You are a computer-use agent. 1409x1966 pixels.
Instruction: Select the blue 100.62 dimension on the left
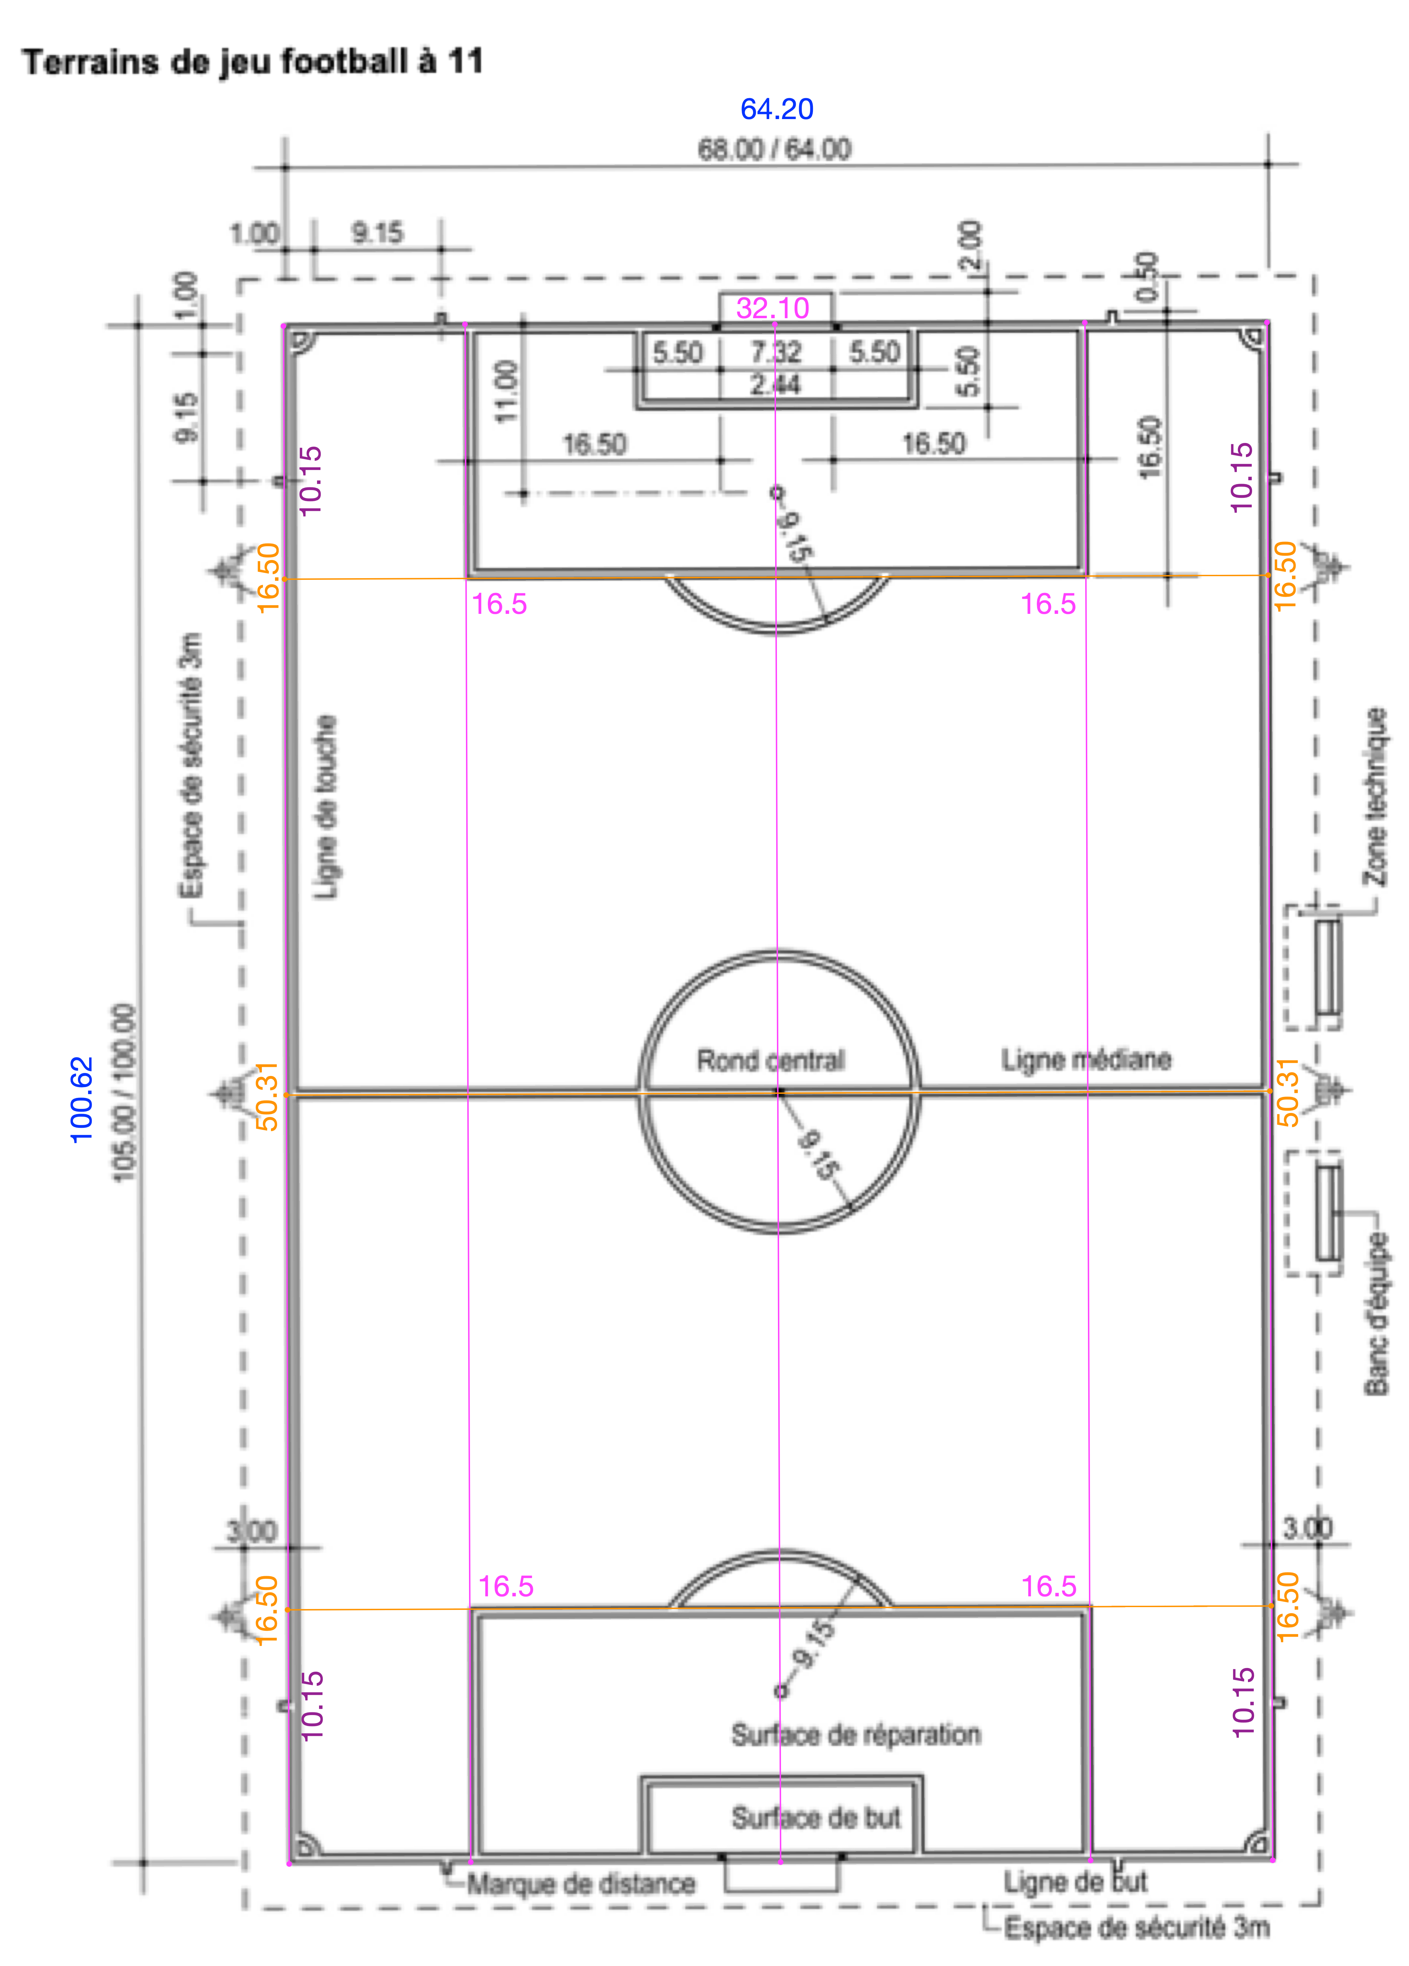coord(81,1099)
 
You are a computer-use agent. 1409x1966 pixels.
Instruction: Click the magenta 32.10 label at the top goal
coord(772,308)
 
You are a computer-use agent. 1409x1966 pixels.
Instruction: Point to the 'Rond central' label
coord(770,1059)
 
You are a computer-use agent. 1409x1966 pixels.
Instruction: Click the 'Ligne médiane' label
coord(1086,1059)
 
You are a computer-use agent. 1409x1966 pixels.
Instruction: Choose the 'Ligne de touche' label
coord(325,807)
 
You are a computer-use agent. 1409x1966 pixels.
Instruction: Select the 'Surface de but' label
coord(815,1817)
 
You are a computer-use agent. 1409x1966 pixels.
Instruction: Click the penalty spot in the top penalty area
coord(777,493)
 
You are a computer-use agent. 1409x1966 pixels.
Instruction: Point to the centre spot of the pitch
coord(779,1091)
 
